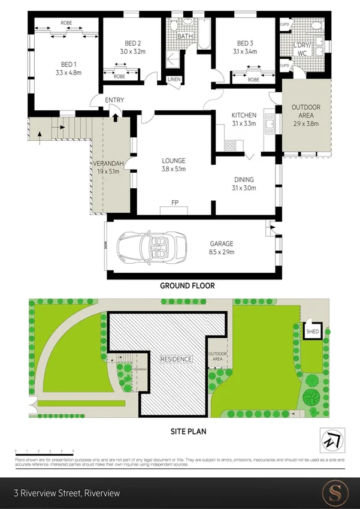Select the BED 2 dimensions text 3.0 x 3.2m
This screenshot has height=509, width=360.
tap(132, 52)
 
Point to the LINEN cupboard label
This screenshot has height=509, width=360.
tap(174, 80)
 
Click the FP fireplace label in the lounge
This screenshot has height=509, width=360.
tap(175, 203)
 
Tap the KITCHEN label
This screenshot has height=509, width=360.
tap(244, 115)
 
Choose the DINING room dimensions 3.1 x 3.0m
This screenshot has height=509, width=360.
tap(244, 188)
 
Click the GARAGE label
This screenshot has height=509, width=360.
tap(221, 243)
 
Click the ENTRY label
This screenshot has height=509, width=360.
tap(114, 100)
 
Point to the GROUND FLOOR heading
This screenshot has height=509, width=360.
tap(187, 286)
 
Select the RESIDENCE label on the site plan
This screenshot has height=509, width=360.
tap(176, 359)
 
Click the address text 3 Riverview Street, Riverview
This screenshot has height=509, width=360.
tap(67, 493)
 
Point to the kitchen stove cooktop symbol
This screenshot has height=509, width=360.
tap(230, 145)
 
